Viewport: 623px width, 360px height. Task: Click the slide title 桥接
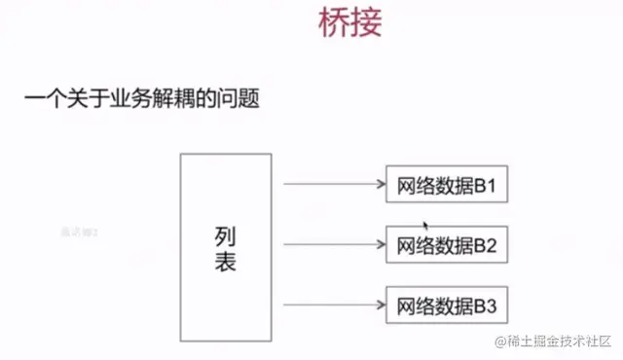350,22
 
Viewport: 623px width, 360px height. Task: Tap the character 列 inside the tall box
225,234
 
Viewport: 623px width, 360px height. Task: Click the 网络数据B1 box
447,185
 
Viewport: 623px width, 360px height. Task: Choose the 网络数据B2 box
447,245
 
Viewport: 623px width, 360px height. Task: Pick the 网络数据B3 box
447,306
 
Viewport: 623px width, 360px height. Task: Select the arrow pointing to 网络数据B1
331,183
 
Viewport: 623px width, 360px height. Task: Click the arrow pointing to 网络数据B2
331,243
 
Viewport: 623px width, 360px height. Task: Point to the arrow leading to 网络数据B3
331,305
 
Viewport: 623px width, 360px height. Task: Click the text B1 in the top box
486,185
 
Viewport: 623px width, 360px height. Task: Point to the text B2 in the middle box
486,245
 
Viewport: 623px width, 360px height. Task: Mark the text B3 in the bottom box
486,306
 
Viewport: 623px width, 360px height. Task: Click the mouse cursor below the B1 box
425,224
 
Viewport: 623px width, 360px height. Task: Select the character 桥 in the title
335,22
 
